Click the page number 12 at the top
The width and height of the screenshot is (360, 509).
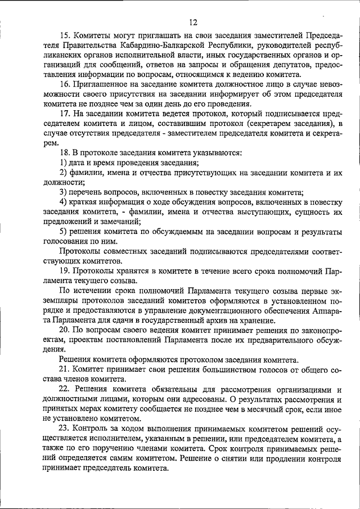(x=193, y=22)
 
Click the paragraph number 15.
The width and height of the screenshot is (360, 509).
(x=65, y=35)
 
